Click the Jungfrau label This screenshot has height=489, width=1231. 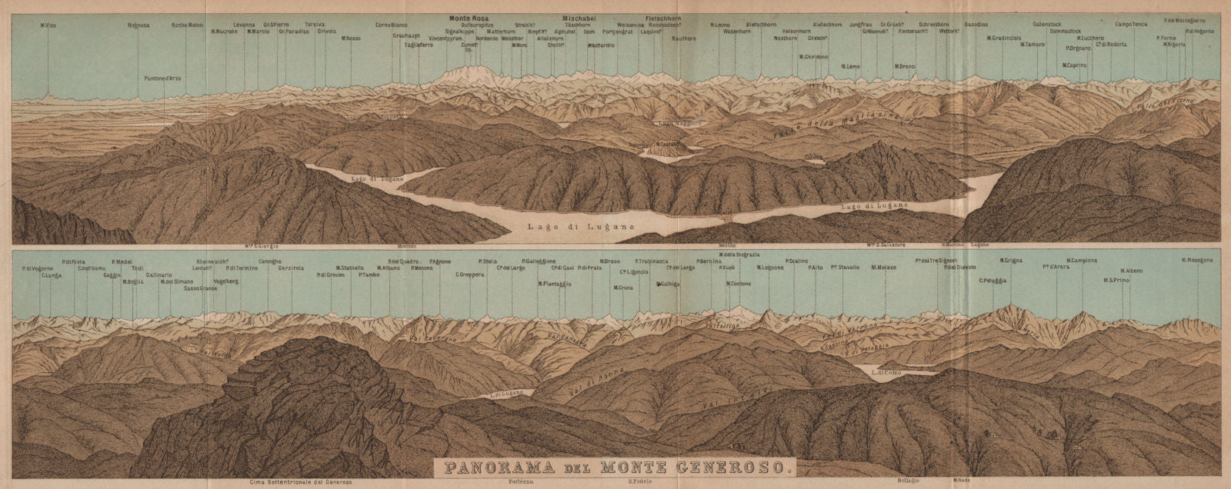pos(862,25)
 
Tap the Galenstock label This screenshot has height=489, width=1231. pos(1048,24)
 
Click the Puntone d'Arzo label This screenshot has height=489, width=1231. pos(164,78)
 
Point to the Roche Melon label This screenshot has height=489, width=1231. pos(187,25)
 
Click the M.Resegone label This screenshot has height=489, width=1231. pos(1197,261)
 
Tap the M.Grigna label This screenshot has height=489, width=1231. pos(1010,261)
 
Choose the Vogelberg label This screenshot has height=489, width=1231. pos(226,281)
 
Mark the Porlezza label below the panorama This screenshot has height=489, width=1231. pos(520,481)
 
